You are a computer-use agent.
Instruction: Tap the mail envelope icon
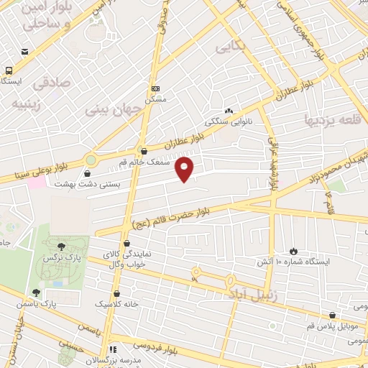[x=25, y=52]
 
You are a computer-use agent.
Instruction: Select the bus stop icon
[x=9, y=70]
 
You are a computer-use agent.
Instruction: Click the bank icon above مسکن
[x=155, y=88]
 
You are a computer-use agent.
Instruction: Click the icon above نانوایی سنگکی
[x=229, y=111]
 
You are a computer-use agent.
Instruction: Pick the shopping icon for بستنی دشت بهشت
[x=88, y=173]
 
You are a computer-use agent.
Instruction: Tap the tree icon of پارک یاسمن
[x=36, y=292]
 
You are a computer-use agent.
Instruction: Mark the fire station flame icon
[x=293, y=250]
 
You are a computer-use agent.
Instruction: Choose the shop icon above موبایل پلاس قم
[x=331, y=315]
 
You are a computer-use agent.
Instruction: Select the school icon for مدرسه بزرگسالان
[x=112, y=349]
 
